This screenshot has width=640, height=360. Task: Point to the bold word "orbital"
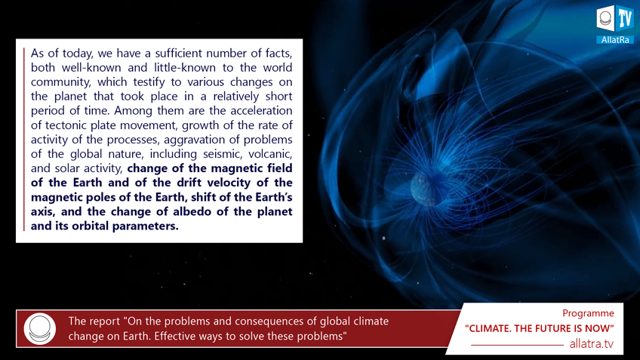pyautogui.click(x=91, y=226)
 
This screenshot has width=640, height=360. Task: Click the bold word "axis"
pyautogui.click(x=43, y=212)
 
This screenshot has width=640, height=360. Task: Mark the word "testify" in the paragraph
pyautogui.click(x=149, y=82)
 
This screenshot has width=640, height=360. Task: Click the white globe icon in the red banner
pyautogui.click(x=39, y=329)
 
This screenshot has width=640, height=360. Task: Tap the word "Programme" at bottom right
pyautogui.click(x=588, y=313)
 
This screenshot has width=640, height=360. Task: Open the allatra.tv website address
pyautogui.click(x=592, y=344)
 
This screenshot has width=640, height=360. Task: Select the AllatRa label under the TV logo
pyautogui.click(x=614, y=40)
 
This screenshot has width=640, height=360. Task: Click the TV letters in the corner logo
pyautogui.click(x=624, y=19)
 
